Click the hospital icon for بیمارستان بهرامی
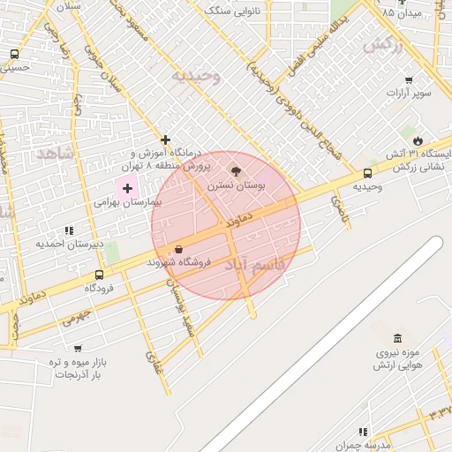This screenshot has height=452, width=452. (127, 187)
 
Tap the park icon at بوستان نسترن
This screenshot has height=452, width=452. (235, 169)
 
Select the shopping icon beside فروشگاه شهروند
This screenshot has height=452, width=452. (179, 250)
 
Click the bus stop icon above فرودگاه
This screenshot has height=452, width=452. (98, 275)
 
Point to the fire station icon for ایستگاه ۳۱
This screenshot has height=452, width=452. (418, 140)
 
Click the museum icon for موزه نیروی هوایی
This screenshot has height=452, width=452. (397, 339)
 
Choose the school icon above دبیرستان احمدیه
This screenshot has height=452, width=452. (69, 230)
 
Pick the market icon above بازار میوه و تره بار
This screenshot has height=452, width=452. (78, 349)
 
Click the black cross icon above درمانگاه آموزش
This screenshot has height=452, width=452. (165, 139)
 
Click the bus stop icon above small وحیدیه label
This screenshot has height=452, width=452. (367, 173)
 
